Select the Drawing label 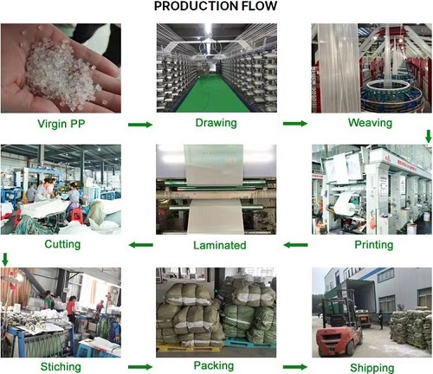point(216,123)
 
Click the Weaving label point(371,123)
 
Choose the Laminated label point(217,245)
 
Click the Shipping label point(371,367)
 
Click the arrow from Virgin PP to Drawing point(139,125)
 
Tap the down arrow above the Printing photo point(427,135)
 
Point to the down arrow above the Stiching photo point(5,259)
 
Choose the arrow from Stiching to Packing point(139,367)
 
